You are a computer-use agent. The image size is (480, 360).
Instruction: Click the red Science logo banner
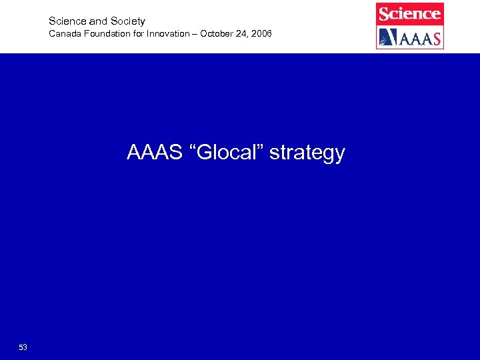click(409, 13)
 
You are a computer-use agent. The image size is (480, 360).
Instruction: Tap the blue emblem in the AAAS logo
click(387, 37)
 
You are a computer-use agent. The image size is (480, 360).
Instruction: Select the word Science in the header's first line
click(66, 21)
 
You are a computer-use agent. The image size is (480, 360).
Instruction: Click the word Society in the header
click(128, 21)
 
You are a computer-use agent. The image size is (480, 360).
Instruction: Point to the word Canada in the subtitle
click(63, 33)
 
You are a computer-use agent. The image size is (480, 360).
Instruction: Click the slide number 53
click(23, 347)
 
